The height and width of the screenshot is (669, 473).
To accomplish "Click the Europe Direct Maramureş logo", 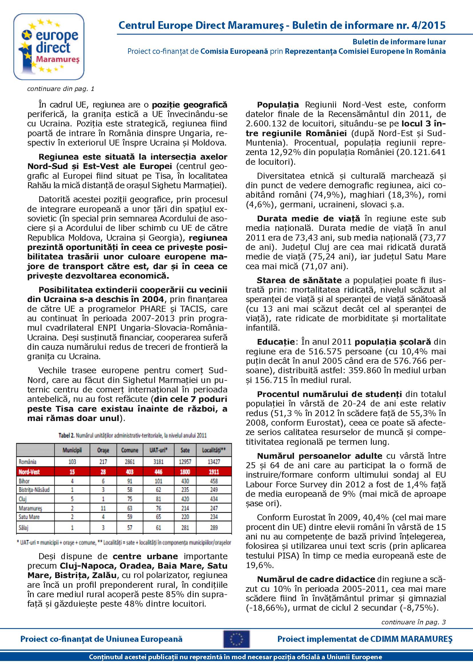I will click(49, 47).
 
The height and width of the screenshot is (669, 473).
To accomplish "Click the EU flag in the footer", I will click(236, 639).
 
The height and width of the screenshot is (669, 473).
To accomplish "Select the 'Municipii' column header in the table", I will click(72, 450).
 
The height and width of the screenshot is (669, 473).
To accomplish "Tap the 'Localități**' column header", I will click(214, 450).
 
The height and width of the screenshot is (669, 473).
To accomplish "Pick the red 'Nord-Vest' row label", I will click(29, 472).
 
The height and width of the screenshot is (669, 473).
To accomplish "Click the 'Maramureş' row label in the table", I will click(30, 509).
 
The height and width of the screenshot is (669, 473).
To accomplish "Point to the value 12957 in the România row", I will click(185, 462).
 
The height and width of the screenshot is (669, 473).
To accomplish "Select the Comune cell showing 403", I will click(130, 472).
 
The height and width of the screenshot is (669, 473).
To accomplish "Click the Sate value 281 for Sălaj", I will click(185, 528).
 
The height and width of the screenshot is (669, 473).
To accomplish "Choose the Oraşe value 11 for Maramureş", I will click(103, 509).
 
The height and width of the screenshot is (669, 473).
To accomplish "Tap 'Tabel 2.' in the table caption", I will click(66, 436).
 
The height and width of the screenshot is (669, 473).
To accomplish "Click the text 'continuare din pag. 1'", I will click(61, 89).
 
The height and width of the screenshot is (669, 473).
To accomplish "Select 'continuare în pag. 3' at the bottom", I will click(413, 622).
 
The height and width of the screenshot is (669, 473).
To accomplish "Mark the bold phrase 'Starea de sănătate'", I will click(299, 280).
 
